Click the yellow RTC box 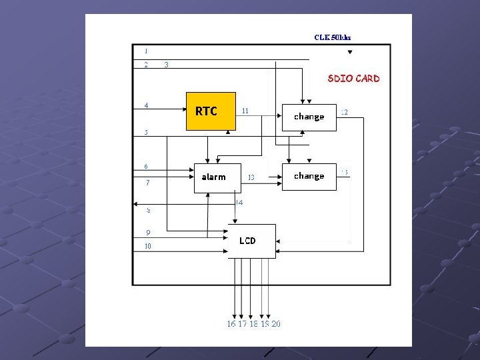click(210, 111)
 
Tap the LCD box click(252, 241)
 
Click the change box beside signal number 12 click(309, 117)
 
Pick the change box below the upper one click(309, 177)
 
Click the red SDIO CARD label click(353, 79)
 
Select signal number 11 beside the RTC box click(245, 111)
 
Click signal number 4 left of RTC click(147, 105)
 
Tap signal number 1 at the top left click(146, 51)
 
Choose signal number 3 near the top click(166, 65)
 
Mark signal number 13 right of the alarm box click(251, 177)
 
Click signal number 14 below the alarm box click(239, 201)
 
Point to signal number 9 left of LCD click(148, 232)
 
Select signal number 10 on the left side click(148, 246)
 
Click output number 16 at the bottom click(231, 324)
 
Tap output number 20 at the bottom click(276, 324)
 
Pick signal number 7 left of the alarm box click(147, 183)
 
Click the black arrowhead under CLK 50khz click(350, 52)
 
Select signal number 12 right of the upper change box click(344, 112)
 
